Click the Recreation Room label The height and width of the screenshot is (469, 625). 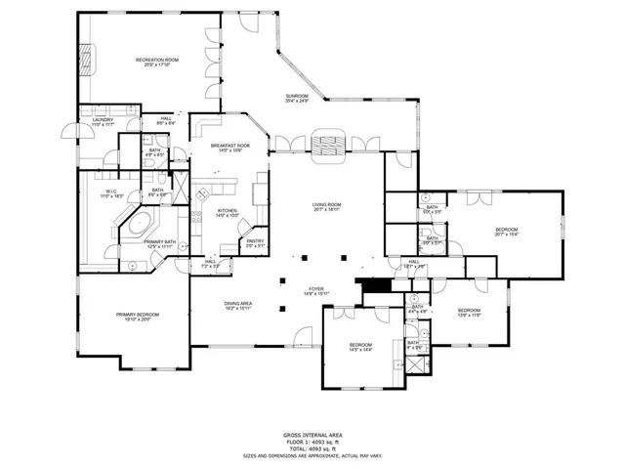click(157, 63)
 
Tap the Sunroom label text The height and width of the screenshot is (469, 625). click(297, 98)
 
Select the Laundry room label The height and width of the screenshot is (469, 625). click(103, 122)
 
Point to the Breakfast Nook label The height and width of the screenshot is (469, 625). click(231, 148)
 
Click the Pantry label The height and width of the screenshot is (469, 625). click(255, 242)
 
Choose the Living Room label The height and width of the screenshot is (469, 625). click(326, 206)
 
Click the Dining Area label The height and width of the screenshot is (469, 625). click(239, 305)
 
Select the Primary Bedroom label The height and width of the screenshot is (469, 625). click(138, 316)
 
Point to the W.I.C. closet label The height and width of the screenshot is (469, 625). click(112, 193)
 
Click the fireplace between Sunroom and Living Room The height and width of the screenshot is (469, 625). click(326, 144)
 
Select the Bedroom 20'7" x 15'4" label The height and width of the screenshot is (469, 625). click(507, 233)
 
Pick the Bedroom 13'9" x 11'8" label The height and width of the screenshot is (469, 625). click(471, 314)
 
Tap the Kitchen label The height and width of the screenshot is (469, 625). click(228, 213)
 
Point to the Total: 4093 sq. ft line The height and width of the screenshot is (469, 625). click(312, 447)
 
